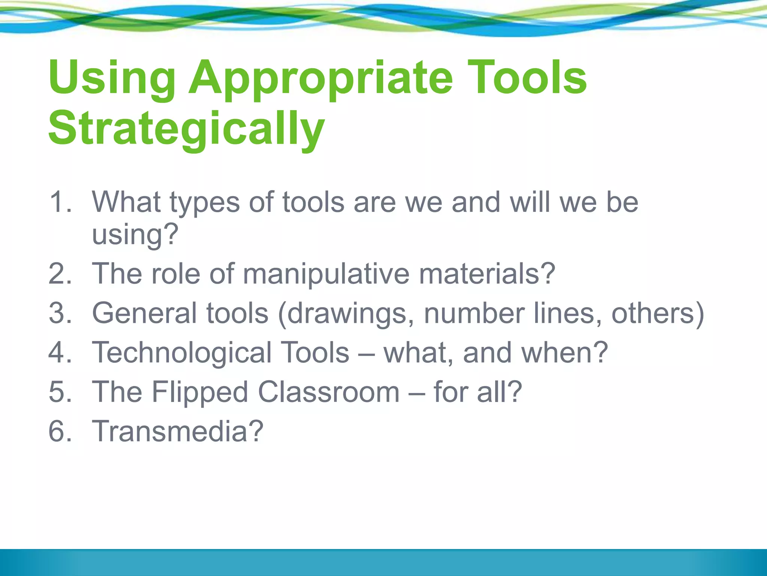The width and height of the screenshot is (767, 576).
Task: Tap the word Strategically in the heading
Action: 186,129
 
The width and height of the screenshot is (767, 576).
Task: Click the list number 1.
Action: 60,202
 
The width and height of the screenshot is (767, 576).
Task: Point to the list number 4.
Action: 60,353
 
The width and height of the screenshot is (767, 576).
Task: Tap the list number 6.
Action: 60,432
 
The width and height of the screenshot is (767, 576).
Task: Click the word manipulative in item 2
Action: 326,274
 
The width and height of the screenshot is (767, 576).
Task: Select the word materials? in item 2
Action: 487,274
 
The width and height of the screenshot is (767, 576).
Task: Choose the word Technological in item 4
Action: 182,353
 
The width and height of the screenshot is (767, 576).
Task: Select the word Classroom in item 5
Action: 329,393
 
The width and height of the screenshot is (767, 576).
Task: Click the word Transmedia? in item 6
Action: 178,432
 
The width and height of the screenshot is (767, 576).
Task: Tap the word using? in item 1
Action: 135,235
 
